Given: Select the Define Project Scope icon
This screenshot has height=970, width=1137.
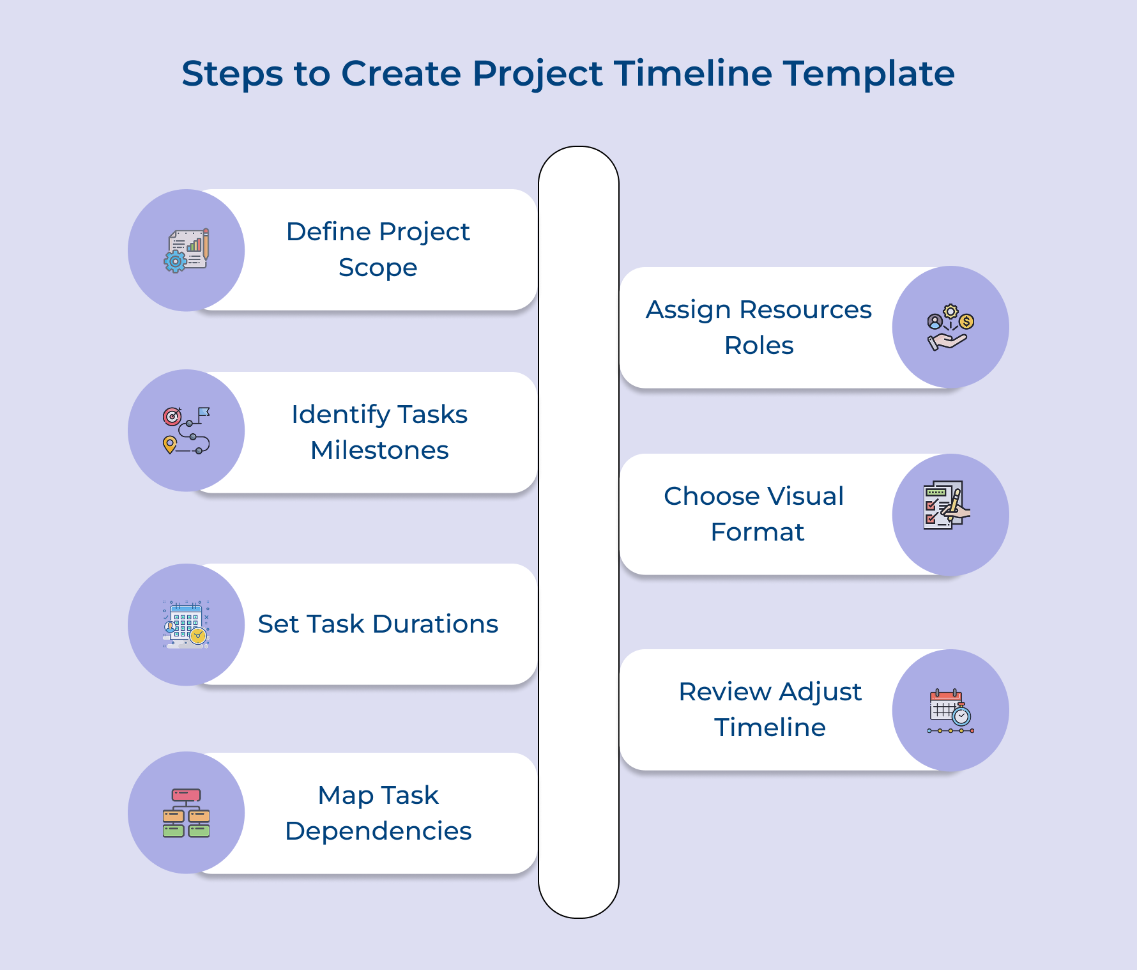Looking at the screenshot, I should (187, 250).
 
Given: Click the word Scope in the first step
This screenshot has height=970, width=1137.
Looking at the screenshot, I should (378, 268).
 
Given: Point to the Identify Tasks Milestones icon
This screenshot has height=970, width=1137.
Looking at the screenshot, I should (187, 431).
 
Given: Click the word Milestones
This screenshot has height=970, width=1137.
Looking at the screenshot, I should (379, 450).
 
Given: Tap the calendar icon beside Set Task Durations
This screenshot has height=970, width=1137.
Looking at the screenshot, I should (187, 624).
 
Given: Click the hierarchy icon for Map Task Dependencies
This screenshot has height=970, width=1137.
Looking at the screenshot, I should (187, 813).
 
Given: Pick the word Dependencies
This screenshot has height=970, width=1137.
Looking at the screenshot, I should (378, 831).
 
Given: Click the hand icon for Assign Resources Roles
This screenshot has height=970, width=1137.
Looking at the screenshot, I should (950, 328).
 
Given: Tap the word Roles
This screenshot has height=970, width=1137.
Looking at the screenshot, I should (759, 346).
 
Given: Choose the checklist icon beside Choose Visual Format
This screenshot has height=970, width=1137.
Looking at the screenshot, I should (947, 505).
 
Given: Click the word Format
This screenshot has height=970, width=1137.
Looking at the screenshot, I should (758, 532).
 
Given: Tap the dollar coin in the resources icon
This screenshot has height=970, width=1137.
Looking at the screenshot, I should (967, 321).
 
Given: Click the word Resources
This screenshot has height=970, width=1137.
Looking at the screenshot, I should (805, 310).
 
